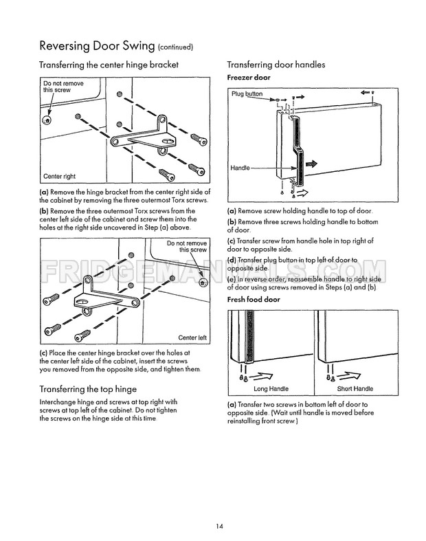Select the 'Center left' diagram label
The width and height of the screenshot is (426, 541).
[192, 338]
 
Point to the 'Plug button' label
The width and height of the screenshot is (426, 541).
[247, 93]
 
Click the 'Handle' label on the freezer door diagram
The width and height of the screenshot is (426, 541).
[240, 168]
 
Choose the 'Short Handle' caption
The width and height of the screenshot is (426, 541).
[355, 388]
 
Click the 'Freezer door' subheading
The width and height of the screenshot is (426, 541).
[249, 78]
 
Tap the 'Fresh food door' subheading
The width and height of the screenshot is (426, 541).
[254, 300]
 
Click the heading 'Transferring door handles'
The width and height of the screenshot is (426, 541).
[276, 65]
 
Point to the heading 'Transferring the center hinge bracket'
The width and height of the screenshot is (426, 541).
[109, 65]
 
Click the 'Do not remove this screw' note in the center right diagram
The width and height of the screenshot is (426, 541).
[63, 87]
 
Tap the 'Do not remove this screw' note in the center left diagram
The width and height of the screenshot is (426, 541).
[187, 247]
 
